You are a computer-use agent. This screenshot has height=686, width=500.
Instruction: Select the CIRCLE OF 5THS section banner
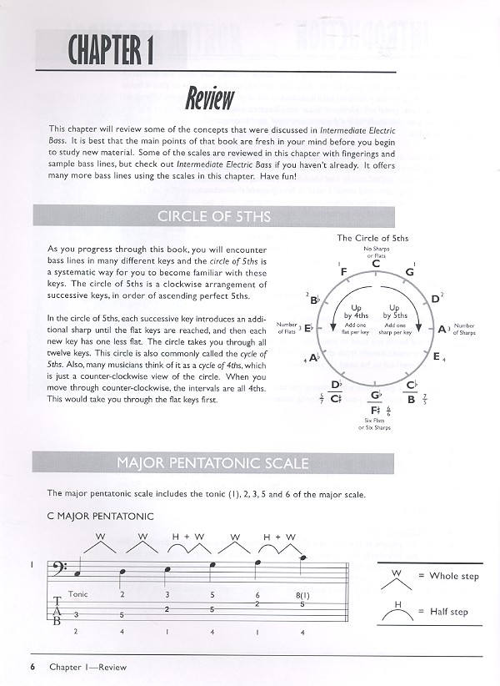213,218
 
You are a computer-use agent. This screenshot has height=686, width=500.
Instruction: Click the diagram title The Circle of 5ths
372,238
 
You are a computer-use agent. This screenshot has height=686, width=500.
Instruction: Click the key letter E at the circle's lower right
436,357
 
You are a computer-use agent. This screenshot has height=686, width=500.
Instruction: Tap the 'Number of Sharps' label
487,329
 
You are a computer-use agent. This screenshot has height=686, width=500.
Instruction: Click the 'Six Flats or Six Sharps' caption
373,425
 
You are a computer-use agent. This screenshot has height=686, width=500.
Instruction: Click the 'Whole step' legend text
455,577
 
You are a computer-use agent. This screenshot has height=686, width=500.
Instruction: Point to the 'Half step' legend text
451,612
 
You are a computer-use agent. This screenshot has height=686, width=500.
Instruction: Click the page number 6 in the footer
32,667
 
